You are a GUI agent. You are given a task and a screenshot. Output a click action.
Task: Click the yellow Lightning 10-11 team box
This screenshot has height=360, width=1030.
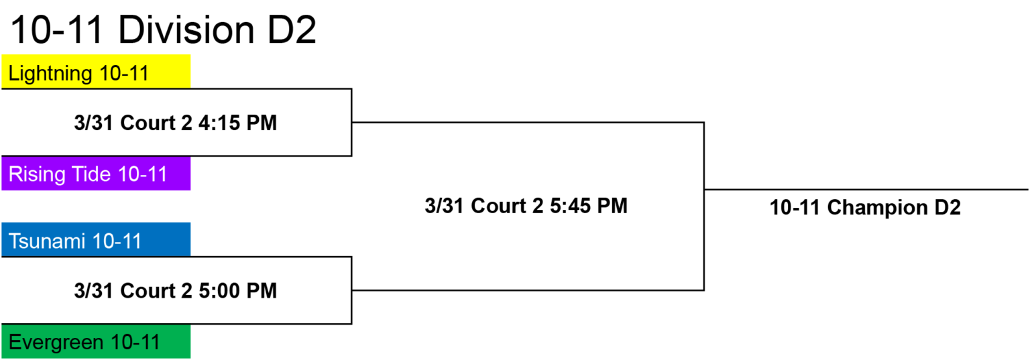click(96, 71)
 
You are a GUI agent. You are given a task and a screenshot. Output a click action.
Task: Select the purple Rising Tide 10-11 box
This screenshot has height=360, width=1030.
click(96, 174)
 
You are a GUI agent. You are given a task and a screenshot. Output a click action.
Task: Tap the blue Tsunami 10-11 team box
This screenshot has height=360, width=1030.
click(96, 239)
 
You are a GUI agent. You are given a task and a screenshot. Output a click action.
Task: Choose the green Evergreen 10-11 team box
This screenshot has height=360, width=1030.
click(96, 341)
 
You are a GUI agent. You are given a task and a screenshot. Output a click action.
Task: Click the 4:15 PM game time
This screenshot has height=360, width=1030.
click(238, 123)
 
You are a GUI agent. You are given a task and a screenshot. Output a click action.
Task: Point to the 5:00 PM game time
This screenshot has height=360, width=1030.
click(238, 291)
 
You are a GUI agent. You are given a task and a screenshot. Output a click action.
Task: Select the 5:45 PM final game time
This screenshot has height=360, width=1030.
click(589, 206)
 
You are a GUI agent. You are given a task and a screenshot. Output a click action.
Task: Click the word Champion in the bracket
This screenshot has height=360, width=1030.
click(877, 207)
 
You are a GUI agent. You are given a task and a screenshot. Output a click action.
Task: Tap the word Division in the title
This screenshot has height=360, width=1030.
click(186, 30)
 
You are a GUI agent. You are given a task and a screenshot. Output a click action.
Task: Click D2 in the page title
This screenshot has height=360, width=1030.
click(292, 30)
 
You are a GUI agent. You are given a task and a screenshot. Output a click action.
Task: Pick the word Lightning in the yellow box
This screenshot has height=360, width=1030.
click(50, 74)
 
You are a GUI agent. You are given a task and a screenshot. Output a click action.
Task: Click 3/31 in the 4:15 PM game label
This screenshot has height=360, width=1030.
click(93, 123)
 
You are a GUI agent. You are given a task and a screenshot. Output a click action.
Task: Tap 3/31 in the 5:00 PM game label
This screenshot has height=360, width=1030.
click(93, 291)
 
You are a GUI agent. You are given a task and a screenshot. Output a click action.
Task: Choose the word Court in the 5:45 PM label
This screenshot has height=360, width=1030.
click(498, 206)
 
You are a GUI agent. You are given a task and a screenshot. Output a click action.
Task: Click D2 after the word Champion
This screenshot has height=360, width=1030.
click(948, 207)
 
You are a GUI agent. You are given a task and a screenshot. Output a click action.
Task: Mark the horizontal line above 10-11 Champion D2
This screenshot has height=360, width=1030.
click(866, 190)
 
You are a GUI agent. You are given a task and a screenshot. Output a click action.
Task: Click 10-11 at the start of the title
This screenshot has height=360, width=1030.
click(56, 30)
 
